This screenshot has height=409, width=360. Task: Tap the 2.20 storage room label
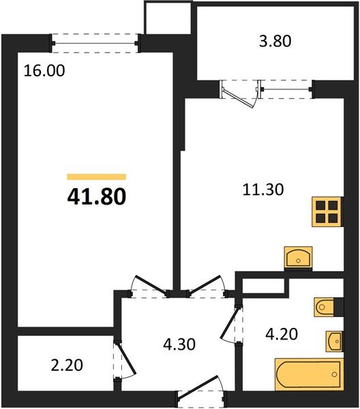[x=67, y=365]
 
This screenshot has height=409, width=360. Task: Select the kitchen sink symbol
[x=297, y=258]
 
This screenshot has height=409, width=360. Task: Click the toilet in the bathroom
[x=326, y=308]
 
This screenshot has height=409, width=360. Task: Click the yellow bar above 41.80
[x=96, y=177]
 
